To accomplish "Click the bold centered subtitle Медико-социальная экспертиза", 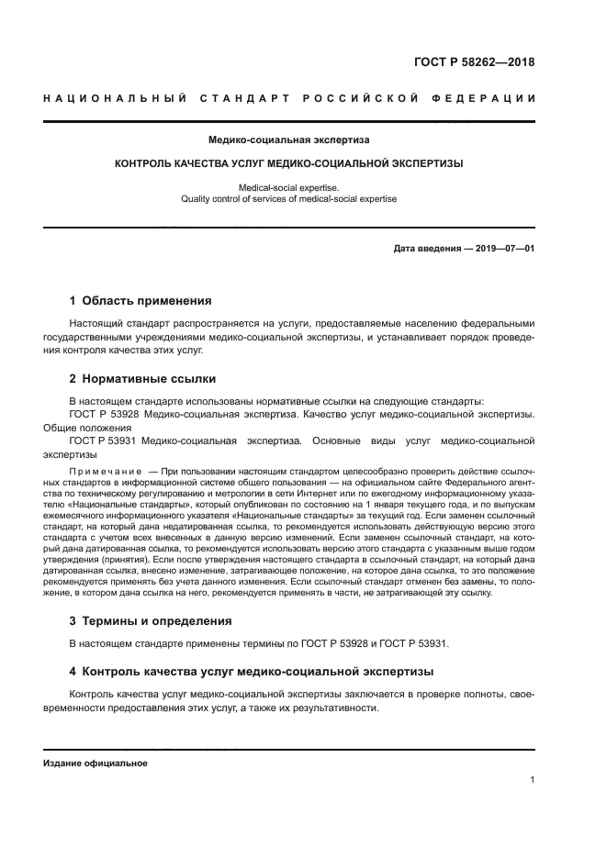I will pyautogui.click(x=289, y=140).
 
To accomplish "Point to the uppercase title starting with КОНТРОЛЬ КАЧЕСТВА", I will pyautogui.click(x=288, y=164).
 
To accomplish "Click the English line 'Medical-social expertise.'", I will pyautogui.click(x=288, y=187).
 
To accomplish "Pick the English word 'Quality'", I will pyautogui.click(x=197, y=198).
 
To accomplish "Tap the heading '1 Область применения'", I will pyautogui.click(x=141, y=300).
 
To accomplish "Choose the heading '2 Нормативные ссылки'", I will pyautogui.click(x=143, y=379).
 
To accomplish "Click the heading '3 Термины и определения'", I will pyautogui.click(x=151, y=620).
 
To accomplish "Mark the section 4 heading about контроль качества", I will pyautogui.click(x=243, y=671).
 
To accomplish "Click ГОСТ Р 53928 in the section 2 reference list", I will pyautogui.click(x=104, y=415).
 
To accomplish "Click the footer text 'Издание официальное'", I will pyautogui.click(x=95, y=763).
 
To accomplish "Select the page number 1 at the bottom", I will pyautogui.click(x=532, y=780).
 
